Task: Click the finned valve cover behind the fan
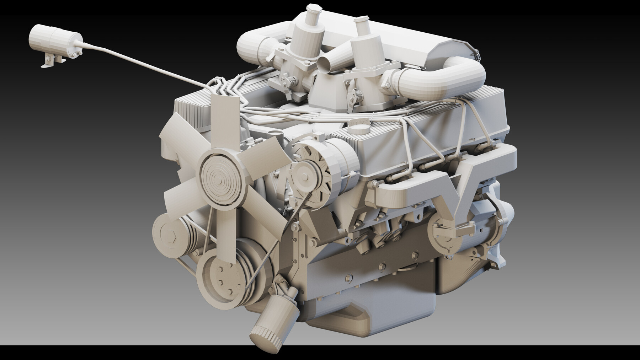(x=194, y=110)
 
